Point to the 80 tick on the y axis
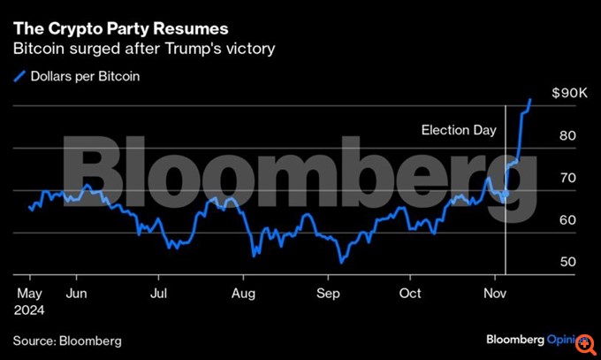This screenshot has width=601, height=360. click(x=568, y=135)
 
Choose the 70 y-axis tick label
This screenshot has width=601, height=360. click(x=568, y=178)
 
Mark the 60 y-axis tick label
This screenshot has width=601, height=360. click(x=568, y=220)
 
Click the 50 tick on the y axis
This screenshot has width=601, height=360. click(x=568, y=263)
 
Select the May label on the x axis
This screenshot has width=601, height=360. click(x=29, y=293)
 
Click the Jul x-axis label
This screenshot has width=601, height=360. click(x=158, y=293)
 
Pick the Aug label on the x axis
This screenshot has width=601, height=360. click(x=243, y=293)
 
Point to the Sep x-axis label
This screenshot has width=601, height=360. click(x=329, y=293)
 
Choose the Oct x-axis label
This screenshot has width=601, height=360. click(x=410, y=293)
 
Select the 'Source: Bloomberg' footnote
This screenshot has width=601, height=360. click(x=67, y=341)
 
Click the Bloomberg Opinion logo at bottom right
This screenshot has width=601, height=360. click(x=536, y=340)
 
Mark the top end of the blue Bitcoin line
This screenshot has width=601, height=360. click(x=530, y=99)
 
